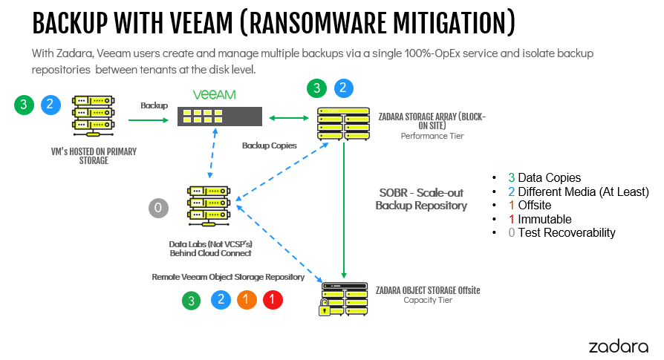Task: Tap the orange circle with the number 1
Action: click(247, 300)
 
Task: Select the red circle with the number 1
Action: click(273, 300)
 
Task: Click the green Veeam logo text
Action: click(214, 95)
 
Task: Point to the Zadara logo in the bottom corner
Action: click(619, 346)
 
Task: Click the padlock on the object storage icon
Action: click(325, 308)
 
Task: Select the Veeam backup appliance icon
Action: click(219, 117)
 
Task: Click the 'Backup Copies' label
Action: click(269, 145)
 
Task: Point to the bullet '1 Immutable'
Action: click(539, 219)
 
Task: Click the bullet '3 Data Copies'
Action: click(544, 178)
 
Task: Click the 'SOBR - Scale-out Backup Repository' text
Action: click(421, 198)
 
